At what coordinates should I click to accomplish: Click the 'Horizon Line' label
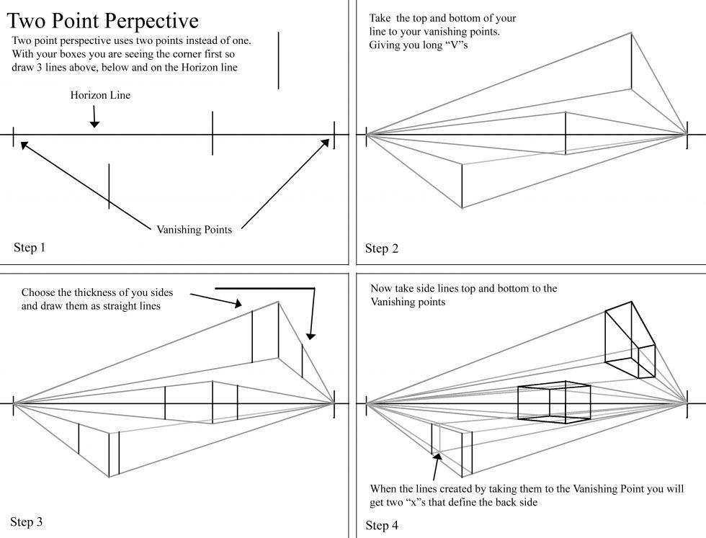[x=100, y=94]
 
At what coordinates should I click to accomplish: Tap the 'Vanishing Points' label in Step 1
[x=195, y=230]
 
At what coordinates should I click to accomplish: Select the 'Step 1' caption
[x=30, y=248]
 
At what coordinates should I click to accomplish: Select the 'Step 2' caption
[x=382, y=249]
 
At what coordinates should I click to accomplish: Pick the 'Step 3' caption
[x=27, y=521]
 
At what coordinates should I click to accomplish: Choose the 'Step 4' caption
[x=382, y=526]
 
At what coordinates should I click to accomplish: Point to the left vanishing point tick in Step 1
[x=14, y=135]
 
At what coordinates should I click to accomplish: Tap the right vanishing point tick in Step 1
[x=334, y=135]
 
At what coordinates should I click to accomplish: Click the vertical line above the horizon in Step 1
[x=278, y=60]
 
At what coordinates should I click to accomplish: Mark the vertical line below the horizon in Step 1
[x=109, y=186]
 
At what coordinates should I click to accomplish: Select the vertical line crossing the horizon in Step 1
[x=213, y=133]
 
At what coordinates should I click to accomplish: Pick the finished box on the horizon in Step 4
[x=554, y=403]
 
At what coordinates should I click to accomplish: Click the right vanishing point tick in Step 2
[x=687, y=135]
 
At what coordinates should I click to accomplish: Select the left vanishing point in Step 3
[x=14, y=405]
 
